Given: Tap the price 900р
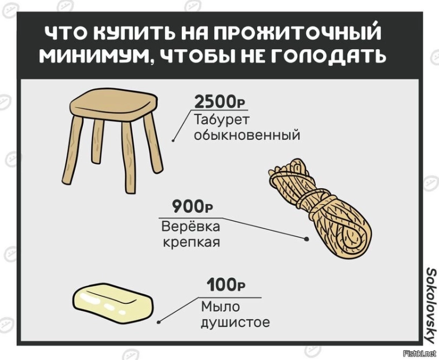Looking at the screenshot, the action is [192, 207].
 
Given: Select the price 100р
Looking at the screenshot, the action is [226, 285].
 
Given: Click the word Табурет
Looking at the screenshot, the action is [221, 120].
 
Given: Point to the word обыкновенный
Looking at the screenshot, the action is [247, 135].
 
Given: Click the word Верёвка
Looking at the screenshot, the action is [191, 226].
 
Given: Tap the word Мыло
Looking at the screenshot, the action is [221, 307].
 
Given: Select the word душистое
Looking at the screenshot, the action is [236, 322].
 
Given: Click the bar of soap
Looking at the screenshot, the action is [113, 304].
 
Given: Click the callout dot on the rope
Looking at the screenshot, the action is [306, 239].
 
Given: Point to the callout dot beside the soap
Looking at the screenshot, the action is [159, 322].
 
